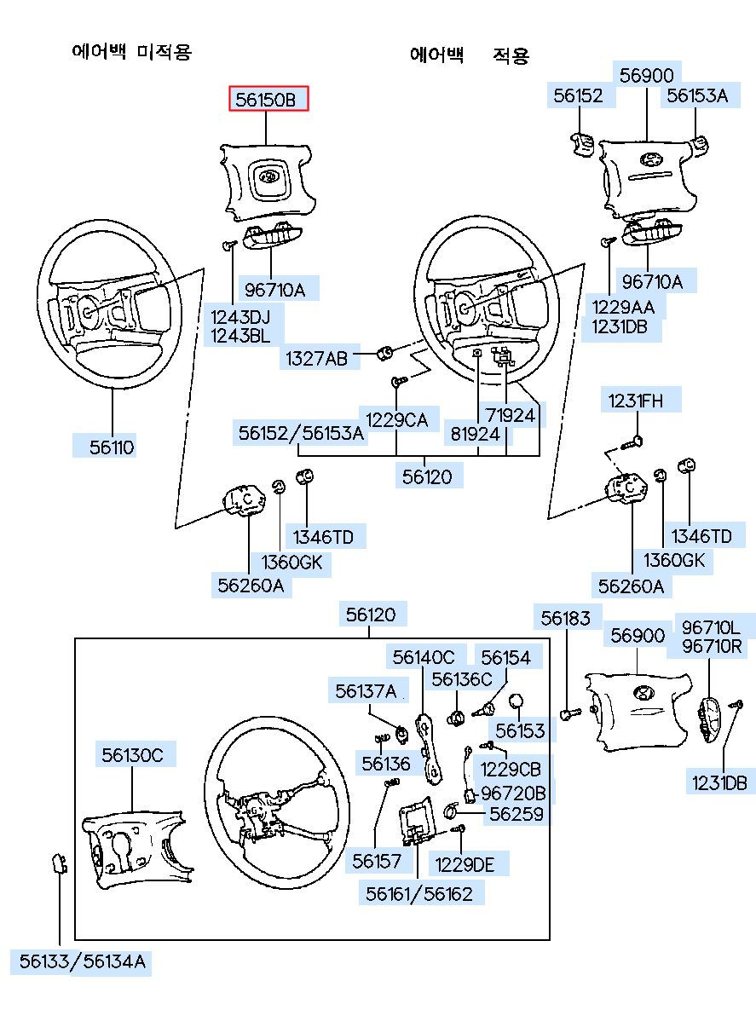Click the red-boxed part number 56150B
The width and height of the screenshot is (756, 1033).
point(268,100)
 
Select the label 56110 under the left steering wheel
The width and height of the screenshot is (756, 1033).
point(113,447)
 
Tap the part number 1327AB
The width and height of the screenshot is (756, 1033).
point(316,359)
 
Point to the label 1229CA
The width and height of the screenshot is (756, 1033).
point(397,418)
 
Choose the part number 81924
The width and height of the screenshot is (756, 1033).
point(475,434)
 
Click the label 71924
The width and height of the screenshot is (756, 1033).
point(510,416)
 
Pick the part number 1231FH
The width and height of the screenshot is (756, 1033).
point(633,400)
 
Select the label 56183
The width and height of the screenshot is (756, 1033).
point(566,618)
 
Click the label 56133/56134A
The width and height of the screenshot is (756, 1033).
point(80,963)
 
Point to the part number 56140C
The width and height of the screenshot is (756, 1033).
point(424,657)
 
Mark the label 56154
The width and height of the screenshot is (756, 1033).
point(505,657)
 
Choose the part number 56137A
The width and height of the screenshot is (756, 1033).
point(366,691)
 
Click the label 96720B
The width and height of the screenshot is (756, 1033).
point(513,793)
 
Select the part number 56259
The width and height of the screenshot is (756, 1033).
point(515,814)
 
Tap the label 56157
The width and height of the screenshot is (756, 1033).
point(377,862)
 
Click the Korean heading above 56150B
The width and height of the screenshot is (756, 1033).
point(131,52)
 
